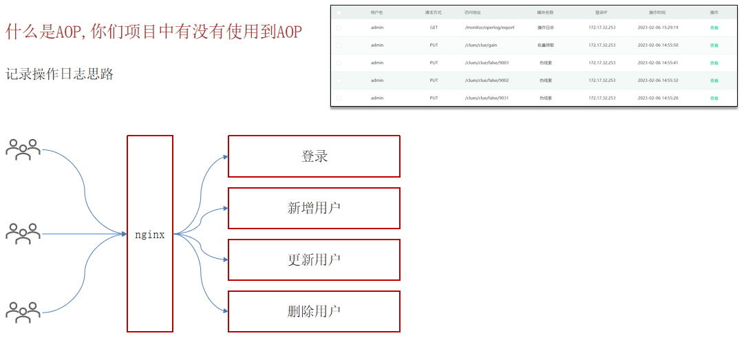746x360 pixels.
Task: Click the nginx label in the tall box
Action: [x=149, y=235]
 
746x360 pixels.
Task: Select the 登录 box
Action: [x=314, y=156]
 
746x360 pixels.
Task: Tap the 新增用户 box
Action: [x=314, y=208]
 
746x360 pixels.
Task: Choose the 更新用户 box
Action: [x=314, y=260]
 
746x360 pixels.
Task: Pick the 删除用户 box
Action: [x=314, y=311]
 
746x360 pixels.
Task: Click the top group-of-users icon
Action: [x=23, y=149]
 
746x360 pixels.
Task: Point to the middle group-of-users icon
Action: [x=23, y=234]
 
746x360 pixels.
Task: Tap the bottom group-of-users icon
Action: [x=23, y=313]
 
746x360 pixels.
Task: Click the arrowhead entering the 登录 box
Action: [x=225, y=157]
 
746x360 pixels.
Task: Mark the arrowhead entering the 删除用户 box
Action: [x=225, y=311]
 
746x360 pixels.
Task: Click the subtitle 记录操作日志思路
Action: [x=60, y=74]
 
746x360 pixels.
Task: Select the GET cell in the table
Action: [x=434, y=28]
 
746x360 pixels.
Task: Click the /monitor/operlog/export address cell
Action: [x=489, y=28]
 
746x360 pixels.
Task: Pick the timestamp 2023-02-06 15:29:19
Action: [x=658, y=28]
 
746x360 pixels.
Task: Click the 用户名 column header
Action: [x=376, y=12]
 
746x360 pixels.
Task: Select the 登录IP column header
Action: [x=601, y=12]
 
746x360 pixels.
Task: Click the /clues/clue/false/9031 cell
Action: [x=487, y=98]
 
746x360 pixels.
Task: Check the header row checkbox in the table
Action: [x=339, y=12]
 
